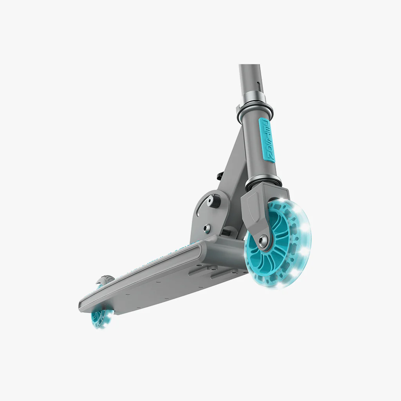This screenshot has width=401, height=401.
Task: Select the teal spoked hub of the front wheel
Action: pos(274,243)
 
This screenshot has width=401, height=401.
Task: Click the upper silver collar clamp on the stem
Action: pos(255,105)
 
